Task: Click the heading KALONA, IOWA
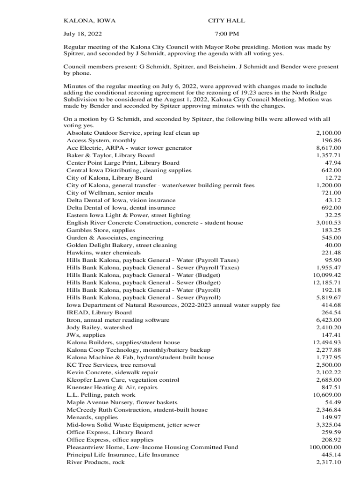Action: pos(89,21)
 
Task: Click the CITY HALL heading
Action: pos(226,21)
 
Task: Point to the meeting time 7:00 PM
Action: pos(226,34)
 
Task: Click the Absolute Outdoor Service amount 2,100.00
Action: pos(329,133)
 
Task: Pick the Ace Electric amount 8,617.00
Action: pos(329,148)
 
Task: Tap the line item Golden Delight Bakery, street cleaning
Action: pos(122,245)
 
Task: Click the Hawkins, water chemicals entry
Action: pos(103,253)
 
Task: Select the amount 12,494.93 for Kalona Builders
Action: pos(327,342)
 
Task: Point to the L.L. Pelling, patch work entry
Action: pos(101,395)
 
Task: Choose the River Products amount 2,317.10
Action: pos(329,462)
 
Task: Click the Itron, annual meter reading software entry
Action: pos(118,320)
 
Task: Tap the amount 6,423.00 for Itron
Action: pos(329,320)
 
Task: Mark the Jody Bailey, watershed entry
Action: pos(99,327)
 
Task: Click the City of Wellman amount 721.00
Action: pos(331,193)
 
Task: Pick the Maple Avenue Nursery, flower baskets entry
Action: pos(122,402)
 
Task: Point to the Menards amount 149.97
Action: pos(331,417)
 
